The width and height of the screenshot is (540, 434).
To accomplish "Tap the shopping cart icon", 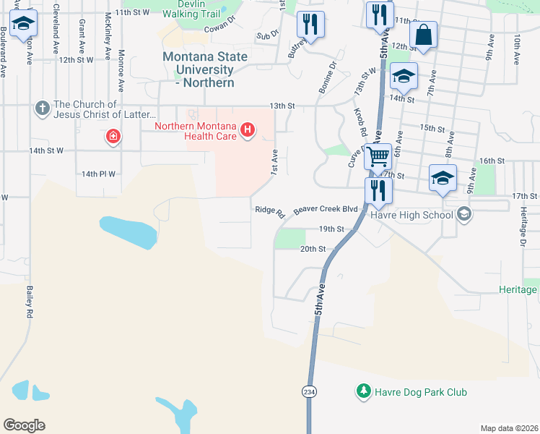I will pos(378,156).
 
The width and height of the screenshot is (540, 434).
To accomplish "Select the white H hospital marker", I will pos(248,130).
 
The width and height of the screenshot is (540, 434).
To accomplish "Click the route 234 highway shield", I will pos(307,390).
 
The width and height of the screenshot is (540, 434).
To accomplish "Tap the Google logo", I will pos(24,425).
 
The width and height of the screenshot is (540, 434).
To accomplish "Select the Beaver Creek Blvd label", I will pos(326,208).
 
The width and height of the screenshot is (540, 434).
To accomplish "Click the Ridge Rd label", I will pos(270,211).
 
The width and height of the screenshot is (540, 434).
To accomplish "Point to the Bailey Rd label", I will pos(30,302).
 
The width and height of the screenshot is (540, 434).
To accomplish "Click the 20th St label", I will pos(313,248).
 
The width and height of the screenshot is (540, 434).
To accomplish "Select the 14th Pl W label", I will pos(98,174).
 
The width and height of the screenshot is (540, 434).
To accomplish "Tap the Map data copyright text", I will pos(510,428).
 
